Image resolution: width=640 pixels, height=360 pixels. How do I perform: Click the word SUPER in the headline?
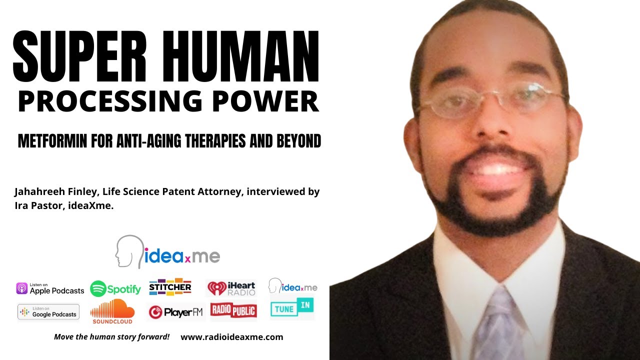click(79, 56)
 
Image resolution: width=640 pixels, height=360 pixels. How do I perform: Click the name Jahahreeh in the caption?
click(39, 191)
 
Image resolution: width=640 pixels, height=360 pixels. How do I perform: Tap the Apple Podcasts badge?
click(50, 288)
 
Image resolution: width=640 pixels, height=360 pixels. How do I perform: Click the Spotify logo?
click(115, 289)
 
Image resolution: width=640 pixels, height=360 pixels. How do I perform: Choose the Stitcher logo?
click(170, 287)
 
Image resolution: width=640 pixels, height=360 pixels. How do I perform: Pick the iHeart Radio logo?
click(231, 288)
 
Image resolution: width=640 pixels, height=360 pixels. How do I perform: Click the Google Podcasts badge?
click(48, 311)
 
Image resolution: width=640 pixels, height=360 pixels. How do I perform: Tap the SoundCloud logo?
click(112, 311)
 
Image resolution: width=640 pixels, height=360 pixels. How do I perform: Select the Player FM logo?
click(175, 312)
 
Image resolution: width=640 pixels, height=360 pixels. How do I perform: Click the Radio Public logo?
click(233, 310)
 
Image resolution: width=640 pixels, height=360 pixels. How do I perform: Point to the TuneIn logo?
click(292, 307)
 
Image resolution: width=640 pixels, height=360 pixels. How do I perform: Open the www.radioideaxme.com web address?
click(231, 337)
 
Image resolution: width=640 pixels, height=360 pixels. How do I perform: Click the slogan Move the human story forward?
click(111, 337)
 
